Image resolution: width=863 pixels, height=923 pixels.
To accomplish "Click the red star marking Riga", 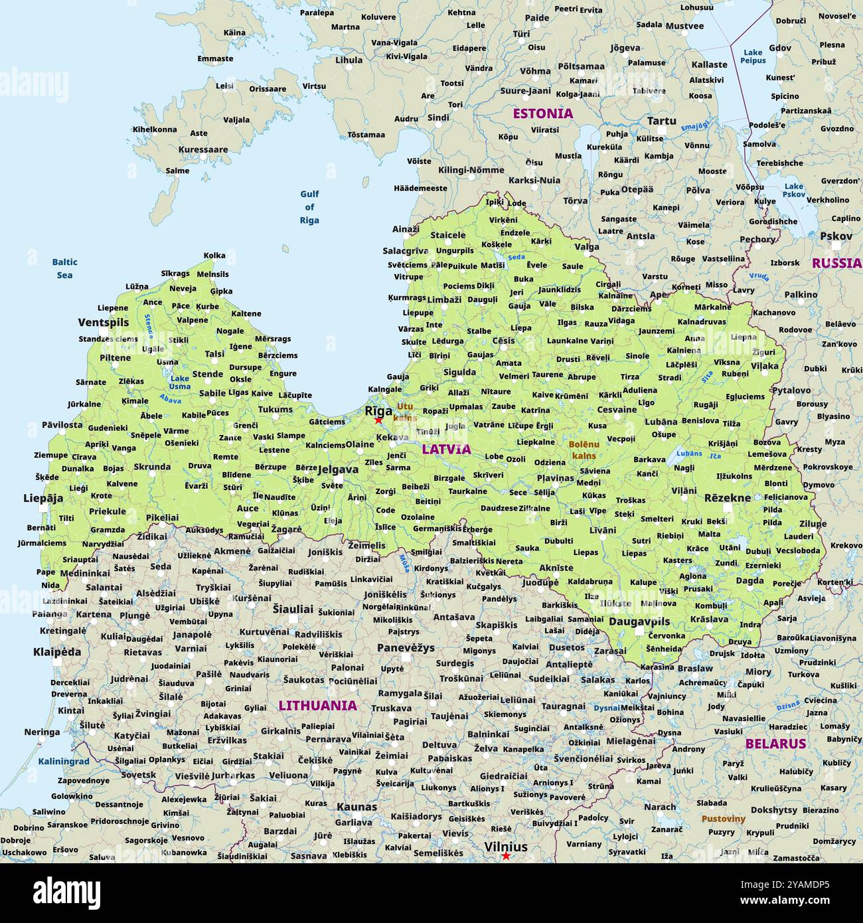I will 378,420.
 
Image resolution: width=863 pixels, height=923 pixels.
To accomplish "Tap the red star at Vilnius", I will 506,856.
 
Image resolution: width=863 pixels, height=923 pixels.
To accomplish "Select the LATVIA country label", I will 446,449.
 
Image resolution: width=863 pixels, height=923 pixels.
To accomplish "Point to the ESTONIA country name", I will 542,114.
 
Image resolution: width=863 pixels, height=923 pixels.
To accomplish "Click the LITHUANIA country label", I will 317,705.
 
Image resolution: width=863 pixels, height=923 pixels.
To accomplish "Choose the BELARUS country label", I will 775,744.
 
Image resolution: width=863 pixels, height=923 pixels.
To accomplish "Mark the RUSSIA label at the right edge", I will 836,263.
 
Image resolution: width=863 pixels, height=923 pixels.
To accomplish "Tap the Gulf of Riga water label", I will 309,207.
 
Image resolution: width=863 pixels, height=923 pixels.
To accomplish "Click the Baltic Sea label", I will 64,268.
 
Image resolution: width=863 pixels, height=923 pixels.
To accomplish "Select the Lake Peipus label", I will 753,56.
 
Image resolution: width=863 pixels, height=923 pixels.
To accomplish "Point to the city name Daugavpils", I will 639,622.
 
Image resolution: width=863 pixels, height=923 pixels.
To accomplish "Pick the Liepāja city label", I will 43,498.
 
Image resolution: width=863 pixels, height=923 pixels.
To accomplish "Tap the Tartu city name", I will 661,121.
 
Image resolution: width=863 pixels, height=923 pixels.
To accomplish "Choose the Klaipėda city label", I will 57,652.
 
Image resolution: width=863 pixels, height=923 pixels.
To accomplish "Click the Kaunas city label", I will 356,807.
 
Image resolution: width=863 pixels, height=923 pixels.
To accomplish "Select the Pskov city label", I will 836,236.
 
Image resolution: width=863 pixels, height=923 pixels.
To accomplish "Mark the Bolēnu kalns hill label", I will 584,450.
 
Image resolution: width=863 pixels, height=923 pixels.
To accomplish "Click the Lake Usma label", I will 179,382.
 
